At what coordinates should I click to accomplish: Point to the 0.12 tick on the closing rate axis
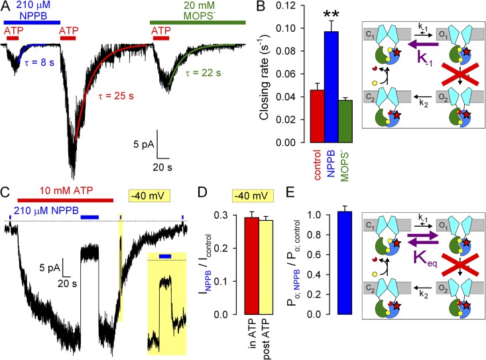click(299, 7)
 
